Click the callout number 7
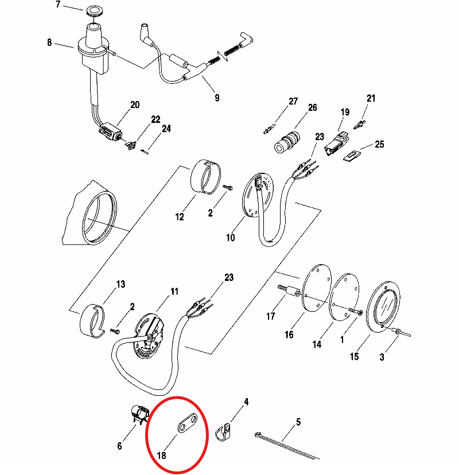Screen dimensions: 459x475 click(x=58, y=5)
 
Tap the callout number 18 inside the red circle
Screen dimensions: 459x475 click(x=162, y=455)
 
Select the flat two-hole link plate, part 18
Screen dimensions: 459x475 click(x=187, y=423)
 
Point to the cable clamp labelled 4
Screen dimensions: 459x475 click(x=223, y=432)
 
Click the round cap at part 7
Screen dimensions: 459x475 click(x=94, y=11)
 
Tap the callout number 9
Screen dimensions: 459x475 click(x=217, y=98)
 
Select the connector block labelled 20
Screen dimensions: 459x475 click(x=110, y=132)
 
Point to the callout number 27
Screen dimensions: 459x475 click(x=293, y=101)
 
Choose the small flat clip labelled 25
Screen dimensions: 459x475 click(x=352, y=156)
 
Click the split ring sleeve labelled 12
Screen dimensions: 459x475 click(x=206, y=176)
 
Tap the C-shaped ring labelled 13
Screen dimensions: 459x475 click(x=92, y=321)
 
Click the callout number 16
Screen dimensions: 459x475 click(x=289, y=335)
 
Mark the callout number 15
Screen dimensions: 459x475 click(x=355, y=357)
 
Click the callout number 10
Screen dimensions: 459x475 click(x=231, y=238)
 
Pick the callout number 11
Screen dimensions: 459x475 click(x=174, y=291)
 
